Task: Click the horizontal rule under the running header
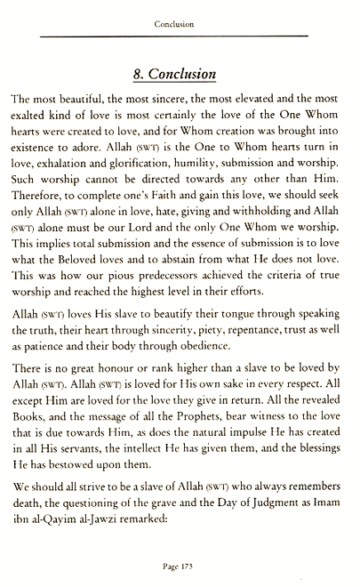(x=180, y=35)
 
